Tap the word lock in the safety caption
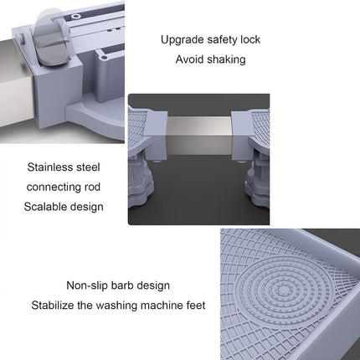tap(250, 39)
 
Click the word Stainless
tap(49, 167)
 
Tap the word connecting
tap(54, 188)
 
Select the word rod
tap(92, 187)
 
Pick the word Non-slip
tap(87, 285)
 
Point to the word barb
tap(122, 285)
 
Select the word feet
tap(196, 306)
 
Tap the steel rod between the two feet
tap(199, 135)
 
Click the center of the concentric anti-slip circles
tap(284, 291)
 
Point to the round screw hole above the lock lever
tap(75, 17)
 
